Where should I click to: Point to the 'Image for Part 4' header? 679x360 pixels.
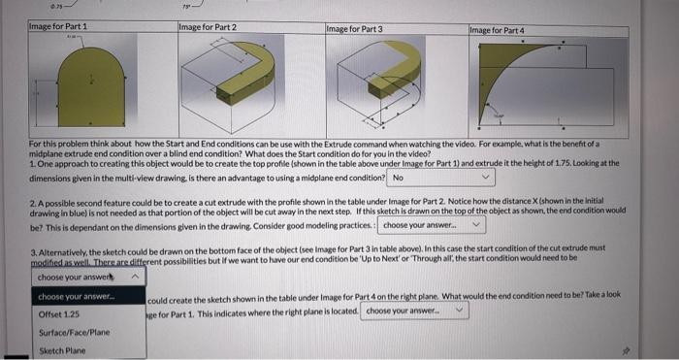tap(498, 30)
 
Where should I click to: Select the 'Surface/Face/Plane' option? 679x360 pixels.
tap(74, 333)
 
